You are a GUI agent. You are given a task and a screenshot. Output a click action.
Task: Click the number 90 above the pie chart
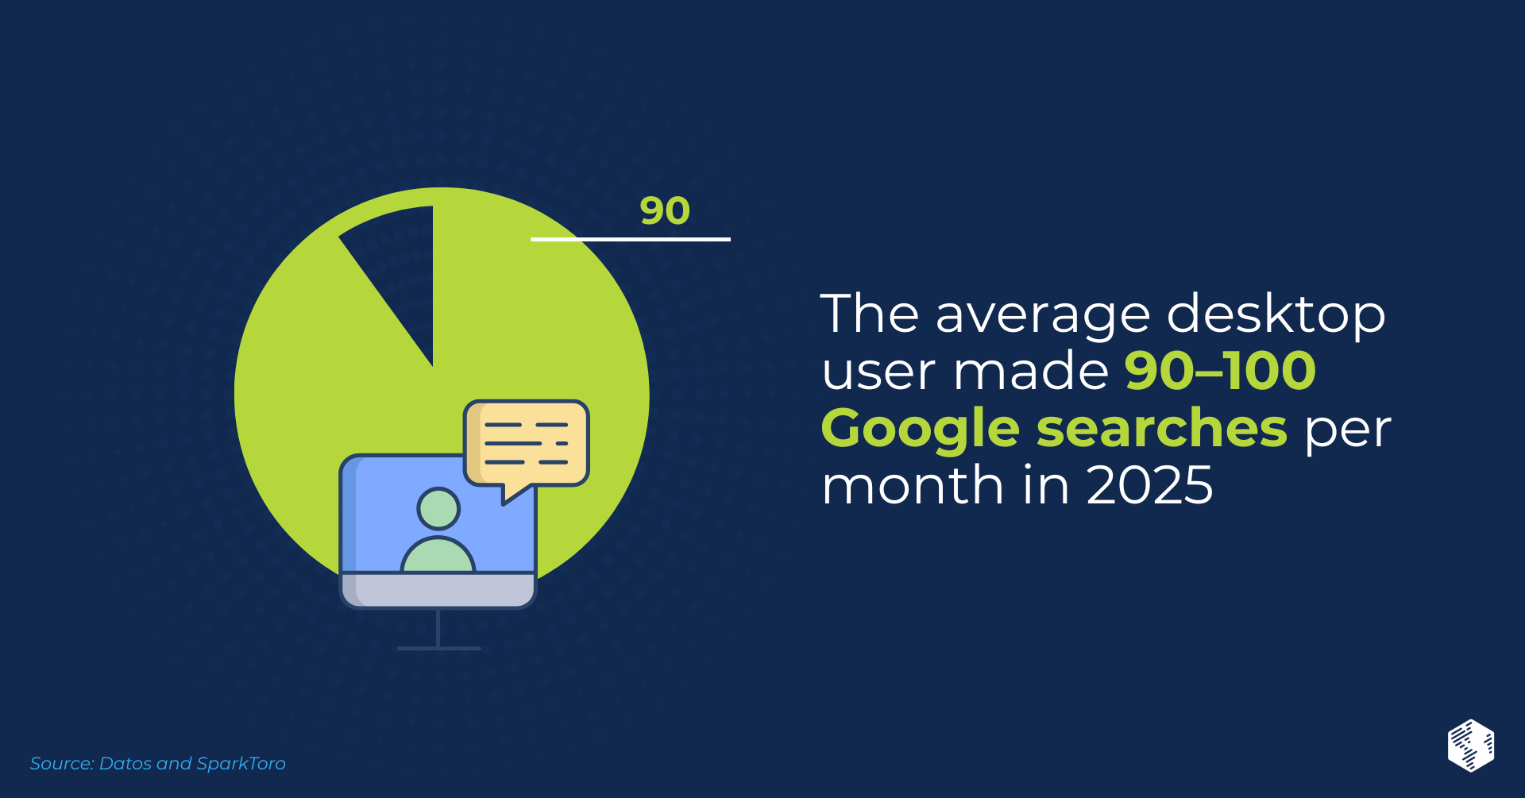(x=665, y=210)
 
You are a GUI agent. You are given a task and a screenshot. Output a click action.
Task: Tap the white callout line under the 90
(x=631, y=238)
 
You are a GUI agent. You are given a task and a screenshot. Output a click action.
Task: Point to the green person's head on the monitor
(x=438, y=508)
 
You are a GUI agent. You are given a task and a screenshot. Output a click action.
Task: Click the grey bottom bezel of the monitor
(x=438, y=590)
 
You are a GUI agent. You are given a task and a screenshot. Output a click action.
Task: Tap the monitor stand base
(x=438, y=648)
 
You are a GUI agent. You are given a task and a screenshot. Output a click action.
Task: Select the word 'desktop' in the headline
(x=1276, y=314)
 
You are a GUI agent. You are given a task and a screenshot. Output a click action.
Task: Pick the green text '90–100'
(x=1221, y=371)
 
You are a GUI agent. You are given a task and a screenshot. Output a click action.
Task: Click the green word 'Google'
(x=921, y=430)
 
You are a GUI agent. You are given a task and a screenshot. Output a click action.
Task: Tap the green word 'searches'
(x=1162, y=428)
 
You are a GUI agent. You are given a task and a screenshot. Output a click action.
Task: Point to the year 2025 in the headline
(x=1149, y=485)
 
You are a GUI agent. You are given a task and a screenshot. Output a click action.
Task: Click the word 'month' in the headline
(x=913, y=484)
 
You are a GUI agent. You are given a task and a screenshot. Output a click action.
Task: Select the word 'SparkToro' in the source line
(x=241, y=763)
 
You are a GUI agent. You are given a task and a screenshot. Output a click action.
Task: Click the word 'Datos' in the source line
(x=125, y=763)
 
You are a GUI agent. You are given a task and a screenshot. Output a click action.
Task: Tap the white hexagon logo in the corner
(x=1471, y=746)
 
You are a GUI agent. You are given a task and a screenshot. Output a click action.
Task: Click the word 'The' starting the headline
(x=870, y=314)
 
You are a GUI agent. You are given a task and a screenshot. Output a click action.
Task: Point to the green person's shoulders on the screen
(x=438, y=555)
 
